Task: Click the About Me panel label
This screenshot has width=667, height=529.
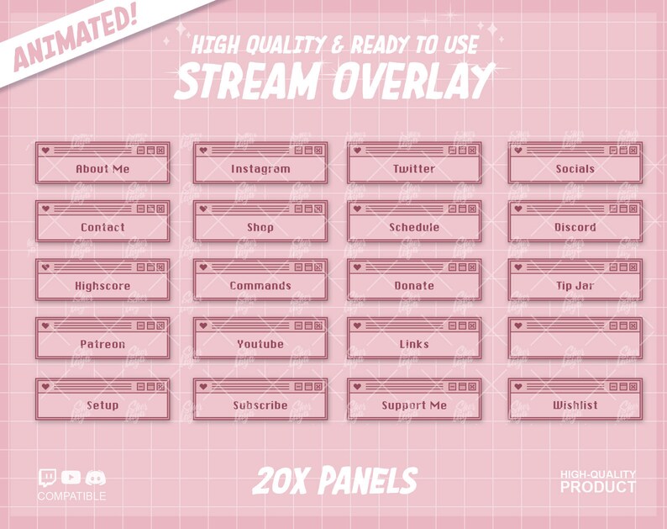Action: (102, 169)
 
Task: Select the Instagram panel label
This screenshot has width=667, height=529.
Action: (260, 169)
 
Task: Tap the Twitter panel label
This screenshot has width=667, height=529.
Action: (414, 169)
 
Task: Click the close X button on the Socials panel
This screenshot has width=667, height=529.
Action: (633, 151)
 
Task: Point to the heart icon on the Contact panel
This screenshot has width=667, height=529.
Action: (45, 209)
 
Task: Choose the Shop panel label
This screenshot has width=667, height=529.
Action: (260, 228)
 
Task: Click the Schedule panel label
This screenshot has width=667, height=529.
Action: (414, 228)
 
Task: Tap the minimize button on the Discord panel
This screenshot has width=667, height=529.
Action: (613, 209)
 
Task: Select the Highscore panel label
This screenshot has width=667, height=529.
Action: (102, 286)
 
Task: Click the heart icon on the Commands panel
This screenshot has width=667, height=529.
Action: (202, 267)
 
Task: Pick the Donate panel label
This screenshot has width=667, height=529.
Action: (414, 286)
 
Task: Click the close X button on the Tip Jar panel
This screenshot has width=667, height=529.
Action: (633, 267)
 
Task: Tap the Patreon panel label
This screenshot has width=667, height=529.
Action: (102, 345)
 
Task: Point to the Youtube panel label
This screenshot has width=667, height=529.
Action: (260, 345)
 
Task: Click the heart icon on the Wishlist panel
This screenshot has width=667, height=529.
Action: (517, 387)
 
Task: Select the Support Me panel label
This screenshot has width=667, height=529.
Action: (414, 405)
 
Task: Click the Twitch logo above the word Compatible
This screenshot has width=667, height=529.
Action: (48, 479)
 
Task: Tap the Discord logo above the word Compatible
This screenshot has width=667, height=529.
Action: (97, 479)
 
